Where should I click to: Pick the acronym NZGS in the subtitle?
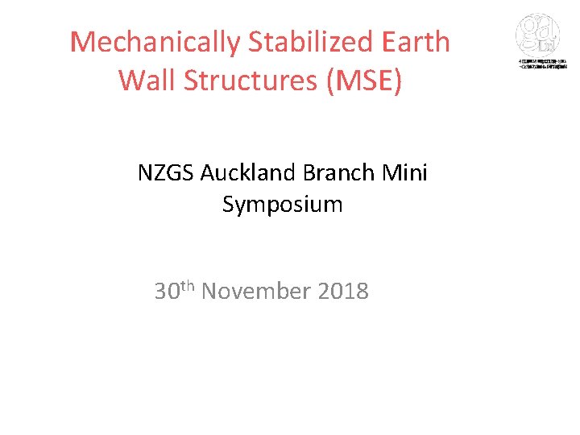(166, 173)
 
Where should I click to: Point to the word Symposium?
(283, 205)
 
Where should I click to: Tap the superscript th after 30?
(188, 285)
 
